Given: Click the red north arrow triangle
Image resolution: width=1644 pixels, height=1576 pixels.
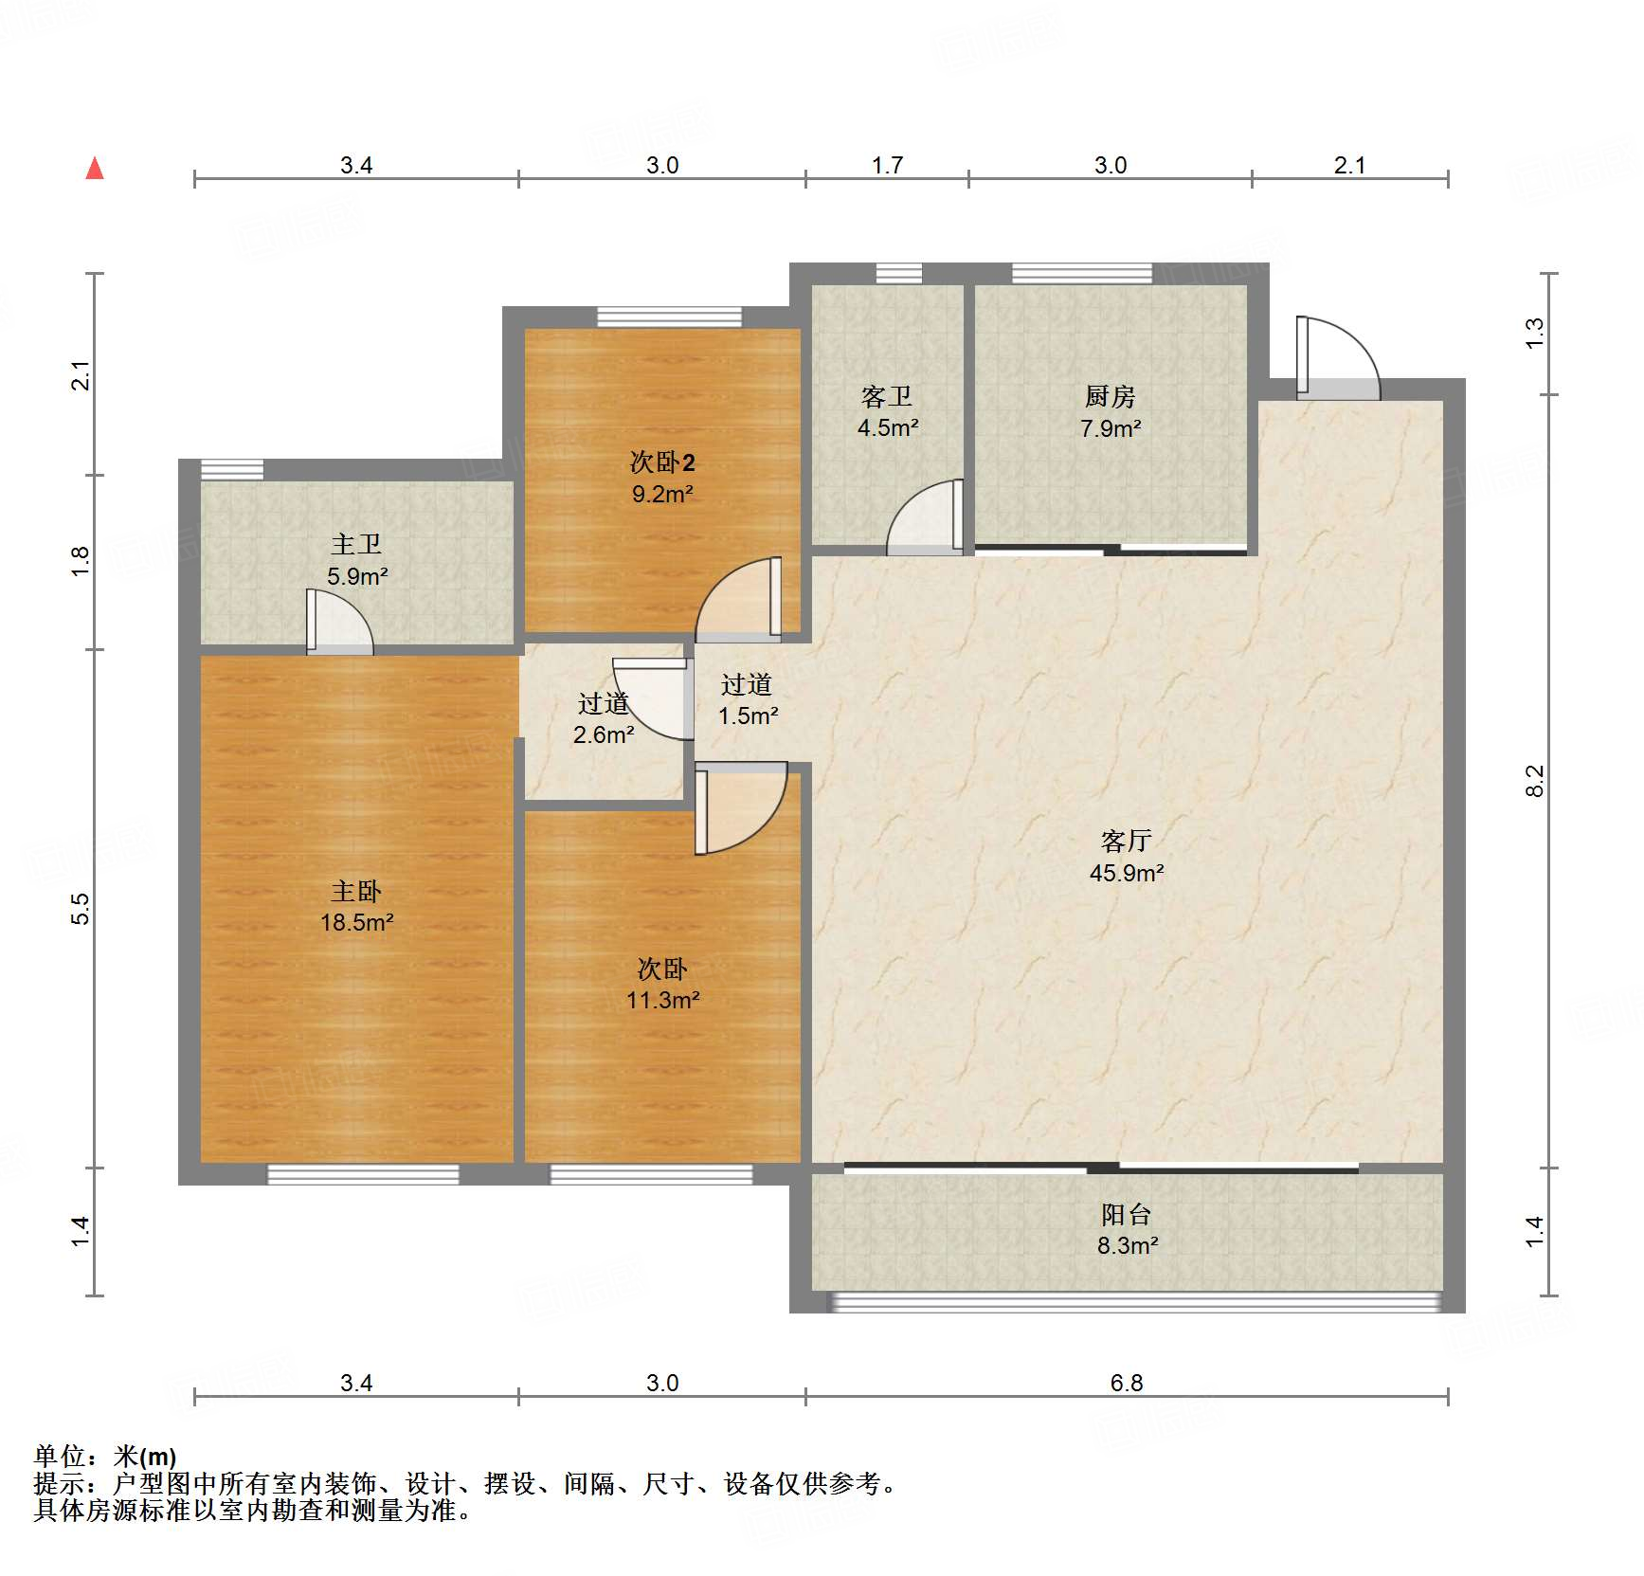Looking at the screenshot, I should (95, 169).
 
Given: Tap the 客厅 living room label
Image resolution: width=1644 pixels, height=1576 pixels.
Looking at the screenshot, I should (1126, 841).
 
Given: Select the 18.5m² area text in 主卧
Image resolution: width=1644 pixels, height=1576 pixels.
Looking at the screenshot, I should (356, 922).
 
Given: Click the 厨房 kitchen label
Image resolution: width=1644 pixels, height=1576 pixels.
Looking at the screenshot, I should (1110, 396).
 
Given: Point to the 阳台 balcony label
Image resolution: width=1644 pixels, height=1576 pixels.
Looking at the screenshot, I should (1126, 1214).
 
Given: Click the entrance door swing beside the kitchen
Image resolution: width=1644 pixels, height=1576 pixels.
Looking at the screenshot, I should (1336, 358).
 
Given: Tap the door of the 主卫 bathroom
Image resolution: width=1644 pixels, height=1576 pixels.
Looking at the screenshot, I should (338, 623).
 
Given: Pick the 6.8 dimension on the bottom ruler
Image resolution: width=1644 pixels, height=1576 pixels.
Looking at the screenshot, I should (1126, 1383).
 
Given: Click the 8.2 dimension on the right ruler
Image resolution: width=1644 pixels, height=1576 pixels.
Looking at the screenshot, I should (1534, 781).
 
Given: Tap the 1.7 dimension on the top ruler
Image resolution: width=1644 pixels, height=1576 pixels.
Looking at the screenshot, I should (887, 166).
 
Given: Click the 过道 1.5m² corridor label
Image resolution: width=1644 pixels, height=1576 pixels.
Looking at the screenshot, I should (747, 699).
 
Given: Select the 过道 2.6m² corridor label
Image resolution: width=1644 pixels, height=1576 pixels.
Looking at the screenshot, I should (604, 718).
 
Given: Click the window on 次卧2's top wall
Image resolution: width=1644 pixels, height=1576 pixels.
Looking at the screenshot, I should (669, 317).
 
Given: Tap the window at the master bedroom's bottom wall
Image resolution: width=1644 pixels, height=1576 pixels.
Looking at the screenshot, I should (363, 1174).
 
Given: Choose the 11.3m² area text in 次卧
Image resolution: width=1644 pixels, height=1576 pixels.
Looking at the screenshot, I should (662, 1000).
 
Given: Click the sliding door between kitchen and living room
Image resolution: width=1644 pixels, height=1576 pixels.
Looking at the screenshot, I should (1111, 549).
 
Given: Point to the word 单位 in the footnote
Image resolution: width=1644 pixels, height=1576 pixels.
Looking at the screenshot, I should (59, 1457).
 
